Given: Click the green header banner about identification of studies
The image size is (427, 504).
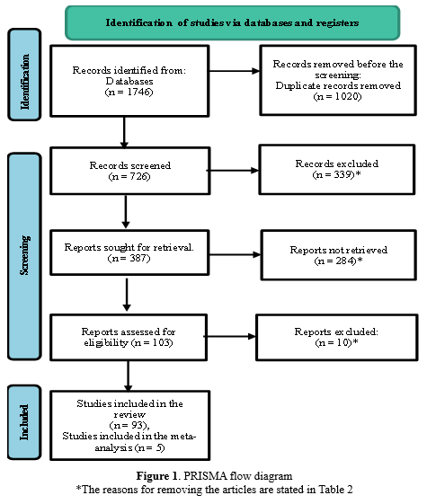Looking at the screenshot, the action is coord(233,22).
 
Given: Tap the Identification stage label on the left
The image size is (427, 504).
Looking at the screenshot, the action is coord(24,75).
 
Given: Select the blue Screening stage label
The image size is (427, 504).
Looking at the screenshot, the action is coord(24,256).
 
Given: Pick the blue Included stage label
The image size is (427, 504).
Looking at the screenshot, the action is coord(24,422).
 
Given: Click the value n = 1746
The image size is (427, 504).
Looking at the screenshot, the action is coord(129,92).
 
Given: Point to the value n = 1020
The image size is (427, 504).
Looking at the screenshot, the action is coord(338,96).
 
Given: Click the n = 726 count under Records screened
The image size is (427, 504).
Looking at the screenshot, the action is coord(129,176).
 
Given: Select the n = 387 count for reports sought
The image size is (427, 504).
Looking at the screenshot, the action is coord(129,258).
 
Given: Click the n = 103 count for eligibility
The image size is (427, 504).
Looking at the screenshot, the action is coord(152,342).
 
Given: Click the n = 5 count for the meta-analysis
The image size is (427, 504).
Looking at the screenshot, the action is coord(150,447).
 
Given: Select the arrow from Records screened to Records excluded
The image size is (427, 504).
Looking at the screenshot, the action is coord(234,171).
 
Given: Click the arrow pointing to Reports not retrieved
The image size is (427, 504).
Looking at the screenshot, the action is coord(235,255).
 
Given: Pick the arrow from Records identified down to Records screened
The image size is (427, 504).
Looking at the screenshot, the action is coord(124,132).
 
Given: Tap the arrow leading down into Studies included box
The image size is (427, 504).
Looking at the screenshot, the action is coord(128,376).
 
